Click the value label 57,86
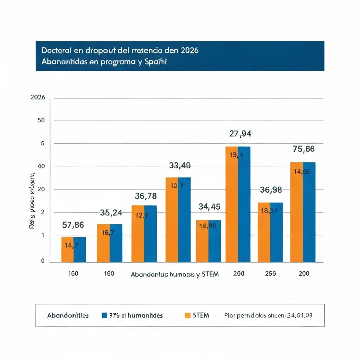73,225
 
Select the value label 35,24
111,213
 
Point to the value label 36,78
146,196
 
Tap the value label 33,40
180,165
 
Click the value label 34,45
209,207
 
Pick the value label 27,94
240,134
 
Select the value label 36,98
271,190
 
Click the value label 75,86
303,149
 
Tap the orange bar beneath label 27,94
232,211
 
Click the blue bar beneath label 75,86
309,218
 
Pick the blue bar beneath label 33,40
185,225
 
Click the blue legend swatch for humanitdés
104,315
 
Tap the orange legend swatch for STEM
187,315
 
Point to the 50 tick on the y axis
41,121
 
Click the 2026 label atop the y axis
38,97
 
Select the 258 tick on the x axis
270,274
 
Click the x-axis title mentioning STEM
175,275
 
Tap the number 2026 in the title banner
190,50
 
